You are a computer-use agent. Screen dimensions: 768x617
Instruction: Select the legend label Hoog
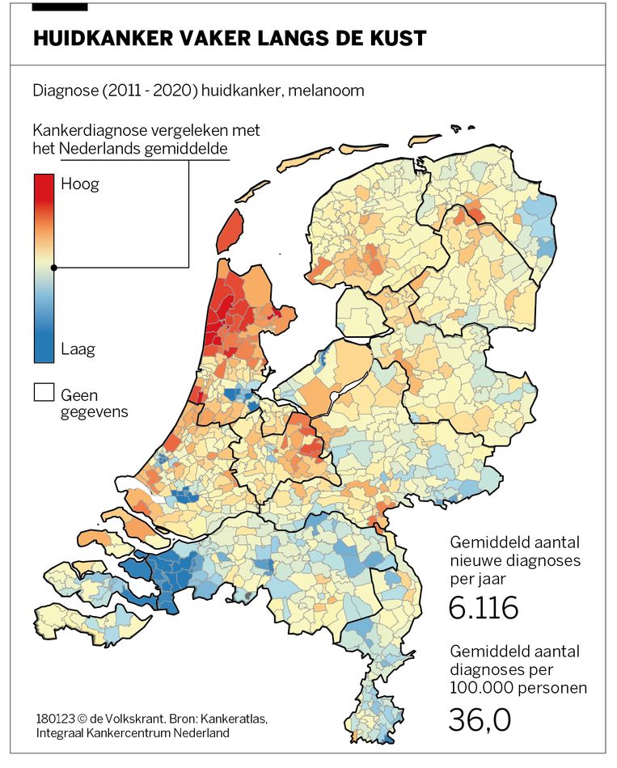point(80,184)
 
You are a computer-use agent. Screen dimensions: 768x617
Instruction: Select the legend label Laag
point(78,349)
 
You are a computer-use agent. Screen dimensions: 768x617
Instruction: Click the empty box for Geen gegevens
point(44,393)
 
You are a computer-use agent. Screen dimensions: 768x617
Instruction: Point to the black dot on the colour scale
point(53,268)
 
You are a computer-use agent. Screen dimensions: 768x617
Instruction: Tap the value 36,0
point(479,719)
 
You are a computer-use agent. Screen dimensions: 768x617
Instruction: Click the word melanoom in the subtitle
point(329,91)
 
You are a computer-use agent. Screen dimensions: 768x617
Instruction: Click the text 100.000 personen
point(518,688)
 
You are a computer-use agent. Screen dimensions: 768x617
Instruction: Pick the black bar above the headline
point(60,6)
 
